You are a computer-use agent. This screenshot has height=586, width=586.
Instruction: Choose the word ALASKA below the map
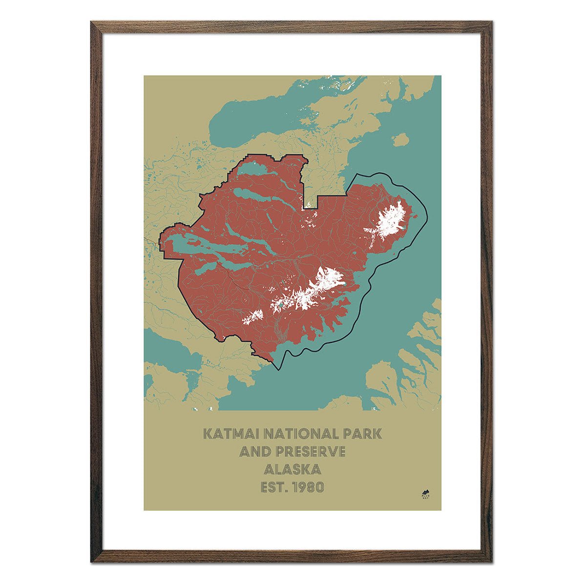click(x=293, y=470)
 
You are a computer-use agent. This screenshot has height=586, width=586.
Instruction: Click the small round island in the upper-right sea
click(x=400, y=140)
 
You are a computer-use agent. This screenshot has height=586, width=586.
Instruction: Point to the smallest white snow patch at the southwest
click(x=252, y=316)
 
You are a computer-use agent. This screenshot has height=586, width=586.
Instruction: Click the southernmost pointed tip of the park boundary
click(x=278, y=369)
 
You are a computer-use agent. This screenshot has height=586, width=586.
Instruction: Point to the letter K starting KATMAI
click(x=207, y=434)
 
